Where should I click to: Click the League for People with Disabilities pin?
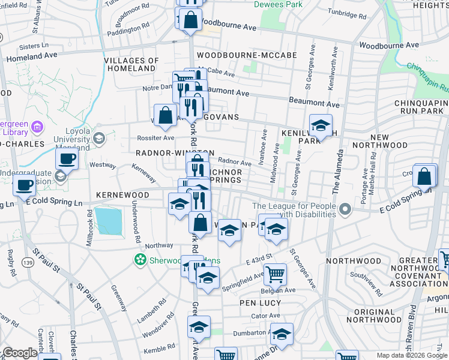click(345, 210)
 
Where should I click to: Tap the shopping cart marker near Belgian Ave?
click(275, 274)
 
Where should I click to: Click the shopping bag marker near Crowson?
click(424, 176)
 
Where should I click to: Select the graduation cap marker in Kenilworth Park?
click(321, 125)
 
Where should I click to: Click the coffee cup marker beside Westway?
click(67, 159)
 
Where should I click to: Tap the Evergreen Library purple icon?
click(37, 127)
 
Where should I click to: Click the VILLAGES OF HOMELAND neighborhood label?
click(131, 65)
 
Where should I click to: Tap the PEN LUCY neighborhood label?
click(261, 303)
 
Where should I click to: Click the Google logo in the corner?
click(20, 353)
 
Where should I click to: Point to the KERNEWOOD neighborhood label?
click(122, 196)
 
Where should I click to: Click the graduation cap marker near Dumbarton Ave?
click(281, 334)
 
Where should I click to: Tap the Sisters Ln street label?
click(34, 46)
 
